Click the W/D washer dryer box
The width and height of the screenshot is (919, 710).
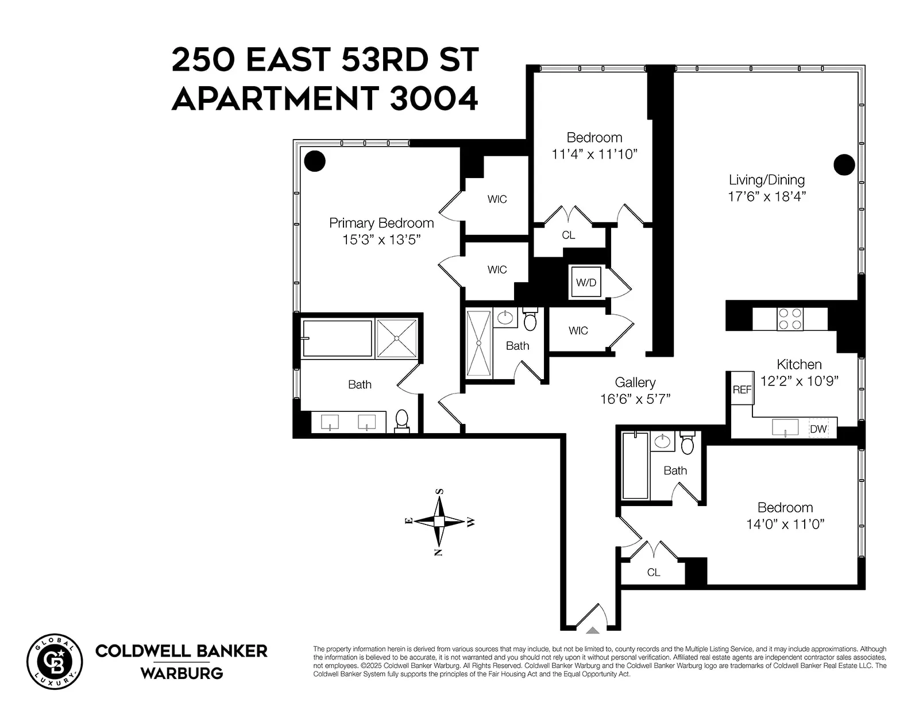(x=586, y=282)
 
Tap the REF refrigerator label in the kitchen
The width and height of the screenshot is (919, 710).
(x=742, y=389)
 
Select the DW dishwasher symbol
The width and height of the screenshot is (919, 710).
(x=818, y=429)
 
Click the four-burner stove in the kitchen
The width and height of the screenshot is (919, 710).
(x=790, y=319)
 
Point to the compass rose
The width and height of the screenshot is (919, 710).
(x=439, y=522)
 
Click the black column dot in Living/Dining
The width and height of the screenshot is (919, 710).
(x=844, y=165)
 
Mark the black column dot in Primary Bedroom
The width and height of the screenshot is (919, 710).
(x=315, y=161)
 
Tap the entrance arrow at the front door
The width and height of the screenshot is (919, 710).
(x=593, y=630)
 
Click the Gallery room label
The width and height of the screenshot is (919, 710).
(x=635, y=383)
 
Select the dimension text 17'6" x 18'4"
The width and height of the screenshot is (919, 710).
(x=767, y=196)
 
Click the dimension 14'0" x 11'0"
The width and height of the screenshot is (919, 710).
(x=785, y=524)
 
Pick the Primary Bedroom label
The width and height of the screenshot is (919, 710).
(x=381, y=223)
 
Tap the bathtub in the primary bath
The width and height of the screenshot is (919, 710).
(x=337, y=338)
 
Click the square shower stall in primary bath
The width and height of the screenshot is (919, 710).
(x=397, y=338)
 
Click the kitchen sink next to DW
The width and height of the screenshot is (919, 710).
(x=785, y=427)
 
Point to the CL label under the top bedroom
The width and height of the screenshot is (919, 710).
(x=568, y=235)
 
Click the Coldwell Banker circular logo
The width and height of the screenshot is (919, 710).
(x=55, y=661)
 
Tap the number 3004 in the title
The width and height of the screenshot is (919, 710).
(x=434, y=98)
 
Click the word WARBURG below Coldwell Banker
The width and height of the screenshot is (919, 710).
(x=182, y=673)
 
